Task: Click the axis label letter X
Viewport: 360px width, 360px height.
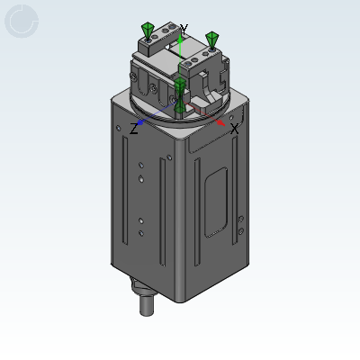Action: tap(234, 129)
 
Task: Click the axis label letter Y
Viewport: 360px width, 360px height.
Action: tap(184, 29)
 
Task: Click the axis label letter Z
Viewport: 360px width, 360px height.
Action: tap(134, 129)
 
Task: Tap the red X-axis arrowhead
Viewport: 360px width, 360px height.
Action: tap(220, 122)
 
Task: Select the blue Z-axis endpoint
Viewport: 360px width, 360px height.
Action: tap(140, 122)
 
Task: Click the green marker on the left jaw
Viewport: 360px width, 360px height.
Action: tap(148, 31)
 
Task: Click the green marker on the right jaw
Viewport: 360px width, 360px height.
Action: tap(212, 40)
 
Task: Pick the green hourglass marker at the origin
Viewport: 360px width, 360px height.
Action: tap(180, 95)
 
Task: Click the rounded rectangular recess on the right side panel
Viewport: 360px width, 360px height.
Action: tap(216, 202)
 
